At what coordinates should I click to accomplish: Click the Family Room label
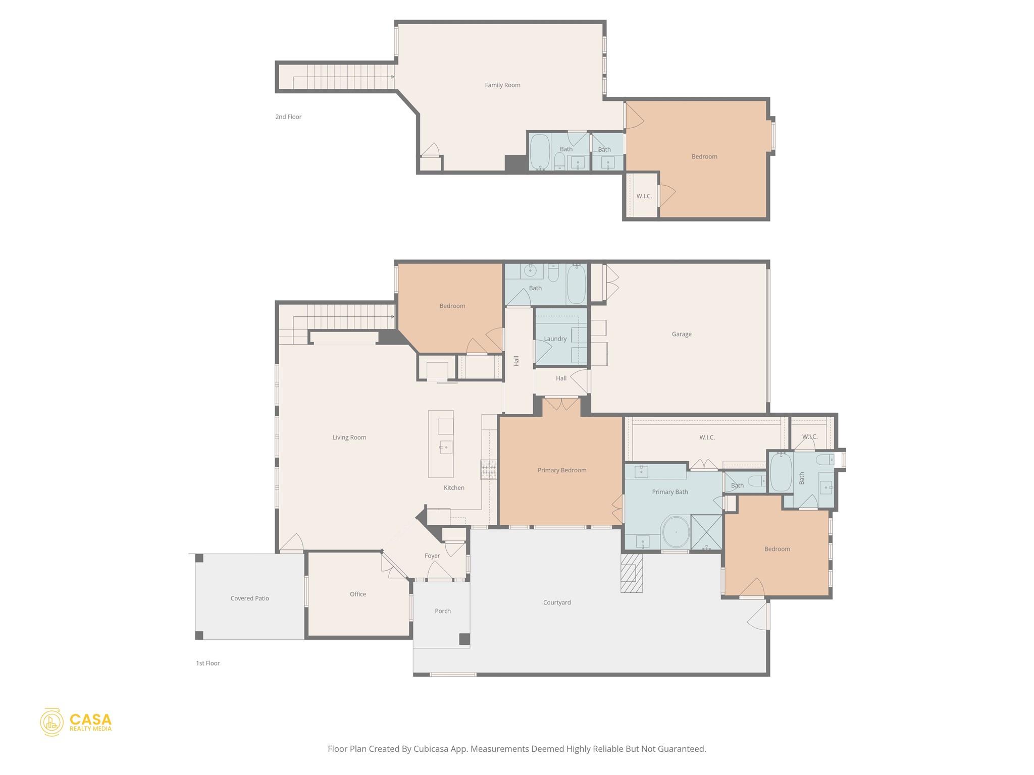[x=502, y=85]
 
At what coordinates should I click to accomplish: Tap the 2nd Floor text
[x=288, y=117]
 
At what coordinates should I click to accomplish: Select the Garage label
[x=682, y=334]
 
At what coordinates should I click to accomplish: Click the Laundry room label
[x=555, y=339]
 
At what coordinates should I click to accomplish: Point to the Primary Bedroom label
[x=562, y=470]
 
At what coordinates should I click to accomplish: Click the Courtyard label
[x=557, y=602]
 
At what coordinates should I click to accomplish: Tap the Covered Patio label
[x=249, y=598]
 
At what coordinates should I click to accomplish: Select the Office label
[x=358, y=594]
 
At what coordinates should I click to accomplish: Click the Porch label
[x=443, y=611]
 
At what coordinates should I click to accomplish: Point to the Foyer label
[x=432, y=556]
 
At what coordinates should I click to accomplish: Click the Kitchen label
[x=454, y=488]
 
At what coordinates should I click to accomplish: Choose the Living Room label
[x=349, y=437]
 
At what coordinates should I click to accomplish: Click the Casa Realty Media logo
[x=76, y=722]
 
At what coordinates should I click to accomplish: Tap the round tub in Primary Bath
[x=676, y=532]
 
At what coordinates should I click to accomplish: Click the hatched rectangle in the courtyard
[x=632, y=573]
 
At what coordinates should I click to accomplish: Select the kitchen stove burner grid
[x=488, y=469]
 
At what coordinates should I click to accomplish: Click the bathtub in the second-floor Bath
[x=540, y=151]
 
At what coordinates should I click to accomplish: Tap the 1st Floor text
[x=208, y=663]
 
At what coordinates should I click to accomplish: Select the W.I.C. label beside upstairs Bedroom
[x=644, y=196]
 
